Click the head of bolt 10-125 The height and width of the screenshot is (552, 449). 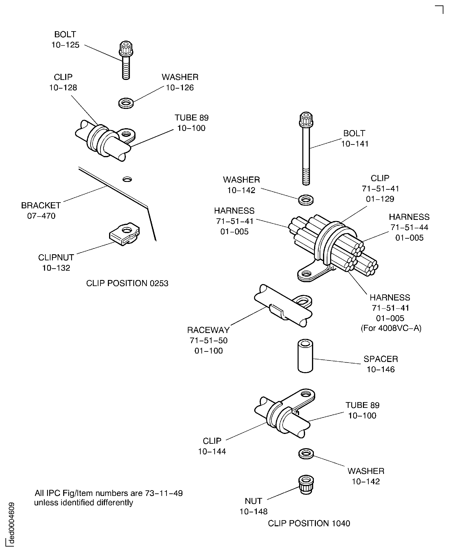click(x=126, y=48)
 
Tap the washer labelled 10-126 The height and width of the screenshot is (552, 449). click(x=126, y=103)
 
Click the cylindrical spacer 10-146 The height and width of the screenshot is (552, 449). click(x=305, y=356)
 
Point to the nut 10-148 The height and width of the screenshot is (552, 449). click(x=306, y=484)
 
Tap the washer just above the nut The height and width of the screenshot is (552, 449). click(x=306, y=454)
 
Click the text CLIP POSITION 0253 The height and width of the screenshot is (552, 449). click(x=127, y=283)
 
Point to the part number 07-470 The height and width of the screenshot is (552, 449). click(x=41, y=216)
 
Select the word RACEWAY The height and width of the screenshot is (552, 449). click(x=208, y=330)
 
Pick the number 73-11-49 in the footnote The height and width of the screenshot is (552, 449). click(x=164, y=493)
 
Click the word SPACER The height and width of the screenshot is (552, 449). click(x=381, y=359)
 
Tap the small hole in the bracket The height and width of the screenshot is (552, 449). click(x=127, y=179)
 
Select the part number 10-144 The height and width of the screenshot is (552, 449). click(x=212, y=451)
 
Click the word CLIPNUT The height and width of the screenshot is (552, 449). click(x=56, y=257)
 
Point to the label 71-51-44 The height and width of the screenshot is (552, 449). click(x=409, y=227)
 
